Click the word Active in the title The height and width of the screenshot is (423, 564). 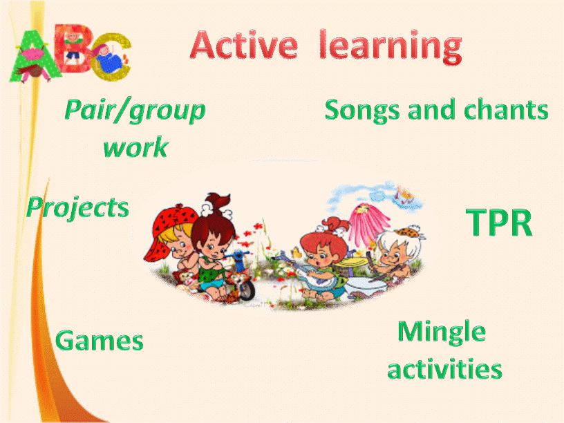pyautogui.click(x=244, y=45)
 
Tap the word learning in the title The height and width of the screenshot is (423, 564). pyautogui.click(x=391, y=47)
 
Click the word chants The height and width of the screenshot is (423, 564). pyautogui.click(x=506, y=109)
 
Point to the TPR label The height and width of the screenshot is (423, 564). pyautogui.click(x=499, y=223)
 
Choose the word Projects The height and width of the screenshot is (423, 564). pyautogui.click(x=77, y=208)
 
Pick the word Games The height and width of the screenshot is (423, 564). pyautogui.click(x=100, y=340)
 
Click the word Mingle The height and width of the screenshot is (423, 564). pyautogui.click(x=442, y=332)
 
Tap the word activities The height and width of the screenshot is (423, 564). pyautogui.click(x=444, y=368)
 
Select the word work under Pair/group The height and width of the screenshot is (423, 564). pyautogui.click(x=135, y=147)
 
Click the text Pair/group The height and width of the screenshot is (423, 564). pyautogui.click(x=135, y=111)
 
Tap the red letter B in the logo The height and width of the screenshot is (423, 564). pyautogui.click(x=74, y=48)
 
